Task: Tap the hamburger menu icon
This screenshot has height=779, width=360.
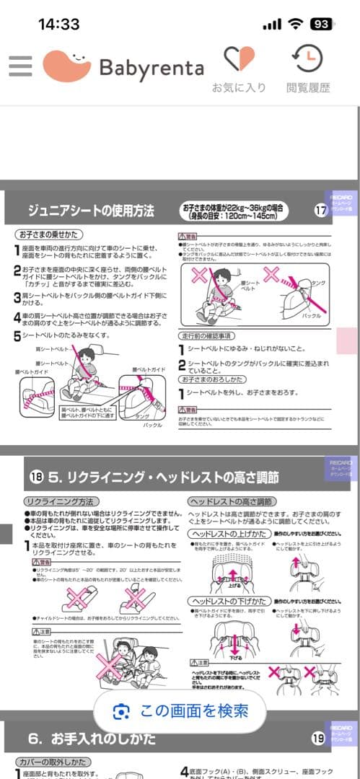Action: pyautogui.click(x=20, y=66)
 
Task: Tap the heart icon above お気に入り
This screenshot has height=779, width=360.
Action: pyautogui.click(x=238, y=58)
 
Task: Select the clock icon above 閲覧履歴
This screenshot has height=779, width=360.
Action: pyautogui.click(x=308, y=58)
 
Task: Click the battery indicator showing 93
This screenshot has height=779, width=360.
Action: pyautogui.click(x=321, y=24)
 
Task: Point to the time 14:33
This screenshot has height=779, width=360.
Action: pyautogui.click(x=58, y=24)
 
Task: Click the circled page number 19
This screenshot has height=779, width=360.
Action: pyautogui.click(x=318, y=738)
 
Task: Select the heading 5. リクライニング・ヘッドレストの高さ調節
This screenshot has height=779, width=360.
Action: pyautogui.click(x=163, y=477)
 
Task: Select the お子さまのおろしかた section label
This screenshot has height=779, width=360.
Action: pyautogui.click(x=213, y=379)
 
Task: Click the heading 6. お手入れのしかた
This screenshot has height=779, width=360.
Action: pyautogui.click(x=94, y=739)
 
